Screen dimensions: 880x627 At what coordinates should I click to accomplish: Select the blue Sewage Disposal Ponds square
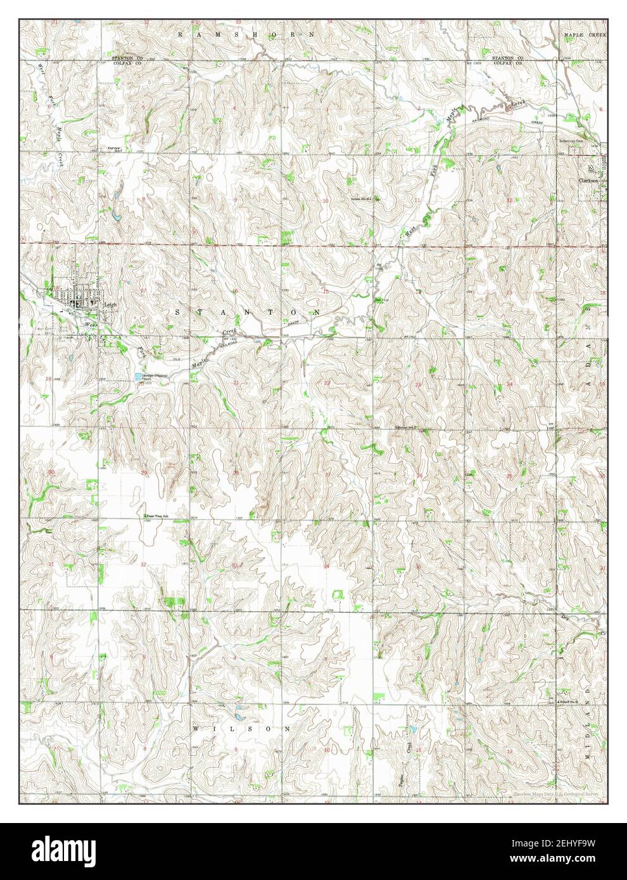pyautogui.click(x=138, y=377)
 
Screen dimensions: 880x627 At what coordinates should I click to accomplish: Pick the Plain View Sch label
pyautogui.click(x=158, y=516)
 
